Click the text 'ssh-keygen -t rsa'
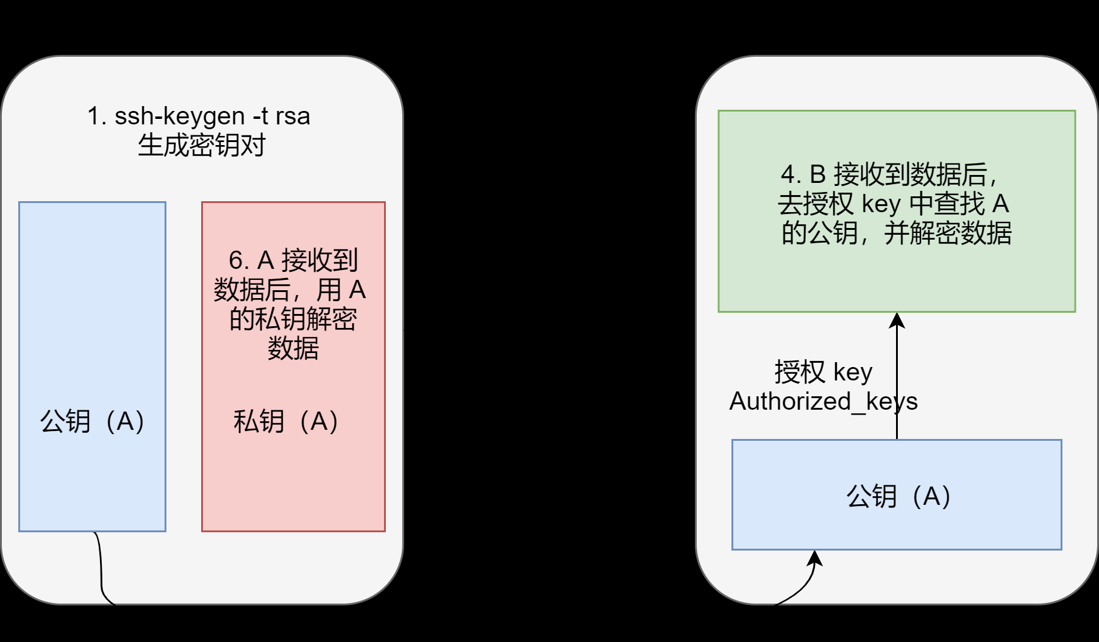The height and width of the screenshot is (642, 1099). pyautogui.click(x=212, y=116)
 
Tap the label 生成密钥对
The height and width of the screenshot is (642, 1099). pyautogui.click(x=202, y=145)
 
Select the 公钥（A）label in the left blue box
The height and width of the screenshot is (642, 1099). pyautogui.click(x=92, y=421)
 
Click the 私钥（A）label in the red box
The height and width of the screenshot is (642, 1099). pyautogui.click(x=286, y=421)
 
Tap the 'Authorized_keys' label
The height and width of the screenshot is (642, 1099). pyautogui.click(x=823, y=401)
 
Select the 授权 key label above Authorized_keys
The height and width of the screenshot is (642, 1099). pyautogui.click(x=823, y=372)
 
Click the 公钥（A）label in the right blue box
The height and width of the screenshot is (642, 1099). pyautogui.click(x=898, y=496)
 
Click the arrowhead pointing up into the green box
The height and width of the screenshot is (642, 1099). pyautogui.click(x=897, y=319)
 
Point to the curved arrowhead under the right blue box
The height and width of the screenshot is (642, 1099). pyautogui.click(x=815, y=557)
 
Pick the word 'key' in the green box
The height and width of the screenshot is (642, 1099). pyautogui.click(x=881, y=204)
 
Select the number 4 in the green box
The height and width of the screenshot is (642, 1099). pyautogui.click(x=788, y=175)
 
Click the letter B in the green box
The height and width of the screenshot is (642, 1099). pyautogui.click(x=817, y=175)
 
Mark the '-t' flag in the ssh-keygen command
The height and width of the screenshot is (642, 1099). pyautogui.click(x=261, y=116)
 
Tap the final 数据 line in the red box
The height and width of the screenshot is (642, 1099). pyautogui.click(x=293, y=348)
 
